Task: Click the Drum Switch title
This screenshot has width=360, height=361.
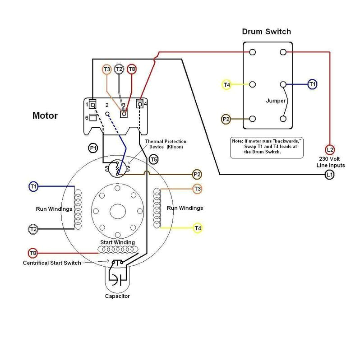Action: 266,32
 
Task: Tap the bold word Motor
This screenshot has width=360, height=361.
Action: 45,116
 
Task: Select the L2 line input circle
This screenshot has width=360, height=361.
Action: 330,149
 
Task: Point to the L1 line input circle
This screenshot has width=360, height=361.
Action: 330,175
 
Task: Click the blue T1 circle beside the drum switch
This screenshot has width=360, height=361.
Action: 312,84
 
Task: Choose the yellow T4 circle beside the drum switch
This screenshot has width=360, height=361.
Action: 227,84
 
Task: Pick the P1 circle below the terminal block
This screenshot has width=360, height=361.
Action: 93,148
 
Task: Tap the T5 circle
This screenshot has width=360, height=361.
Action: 153,159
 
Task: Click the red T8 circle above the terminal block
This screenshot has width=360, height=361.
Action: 132,69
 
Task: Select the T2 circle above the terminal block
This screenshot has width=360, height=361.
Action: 119,69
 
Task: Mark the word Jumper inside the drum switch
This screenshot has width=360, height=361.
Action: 276,100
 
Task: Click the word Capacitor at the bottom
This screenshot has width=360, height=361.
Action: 117,296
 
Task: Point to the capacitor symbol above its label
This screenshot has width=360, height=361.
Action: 117,279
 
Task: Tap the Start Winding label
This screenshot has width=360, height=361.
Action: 117,242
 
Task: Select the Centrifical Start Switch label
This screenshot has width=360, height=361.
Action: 52,263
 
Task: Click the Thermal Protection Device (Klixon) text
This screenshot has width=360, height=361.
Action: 166,144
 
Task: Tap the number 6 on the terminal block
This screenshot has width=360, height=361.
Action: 86,117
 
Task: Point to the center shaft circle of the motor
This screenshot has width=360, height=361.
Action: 117,210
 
